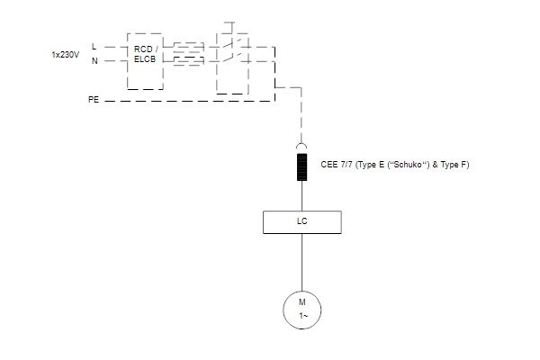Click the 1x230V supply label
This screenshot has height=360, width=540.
pyautogui.click(x=66, y=55)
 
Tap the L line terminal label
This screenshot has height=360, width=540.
pyautogui.click(x=94, y=47)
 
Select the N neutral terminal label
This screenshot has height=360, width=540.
pyautogui.click(x=94, y=61)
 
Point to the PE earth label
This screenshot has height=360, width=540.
pyautogui.click(x=94, y=100)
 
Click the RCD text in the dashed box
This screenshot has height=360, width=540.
pyautogui.click(x=143, y=49)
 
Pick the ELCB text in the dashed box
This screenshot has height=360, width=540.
pyautogui.click(x=145, y=59)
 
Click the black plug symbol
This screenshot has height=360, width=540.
pyautogui.click(x=302, y=167)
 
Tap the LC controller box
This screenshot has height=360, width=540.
pyautogui.click(x=302, y=222)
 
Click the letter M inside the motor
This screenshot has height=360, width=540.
pyautogui.click(x=302, y=302)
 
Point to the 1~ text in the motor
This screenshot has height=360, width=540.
pyautogui.click(x=303, y=316)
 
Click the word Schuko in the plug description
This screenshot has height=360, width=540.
pyautogui.click(x=408, y=165)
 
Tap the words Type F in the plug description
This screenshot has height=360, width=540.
pyautogui.click(x=454, y=165)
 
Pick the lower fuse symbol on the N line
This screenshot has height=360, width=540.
pyautogui.click(x=189, y=60)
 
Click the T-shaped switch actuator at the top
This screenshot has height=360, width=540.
pyautogui.click(x=229, y=28)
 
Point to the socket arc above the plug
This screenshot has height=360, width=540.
pyautogui.click(x=301, y=146)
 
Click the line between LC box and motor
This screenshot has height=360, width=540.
pyautogui.click(x=302, y=262)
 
